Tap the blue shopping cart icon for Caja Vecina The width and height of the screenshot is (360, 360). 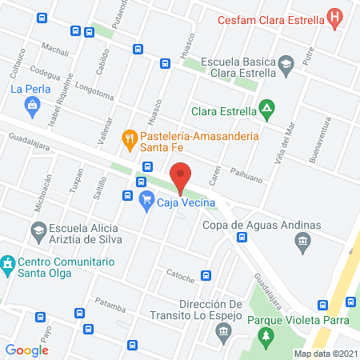146,201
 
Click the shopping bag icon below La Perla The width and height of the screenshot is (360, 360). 31,104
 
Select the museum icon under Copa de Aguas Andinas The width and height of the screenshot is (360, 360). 302,241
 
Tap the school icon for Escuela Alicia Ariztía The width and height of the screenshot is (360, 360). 38,232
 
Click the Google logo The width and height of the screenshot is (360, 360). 27,350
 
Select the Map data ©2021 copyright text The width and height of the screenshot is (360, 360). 326,353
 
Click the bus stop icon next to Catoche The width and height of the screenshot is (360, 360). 206,276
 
